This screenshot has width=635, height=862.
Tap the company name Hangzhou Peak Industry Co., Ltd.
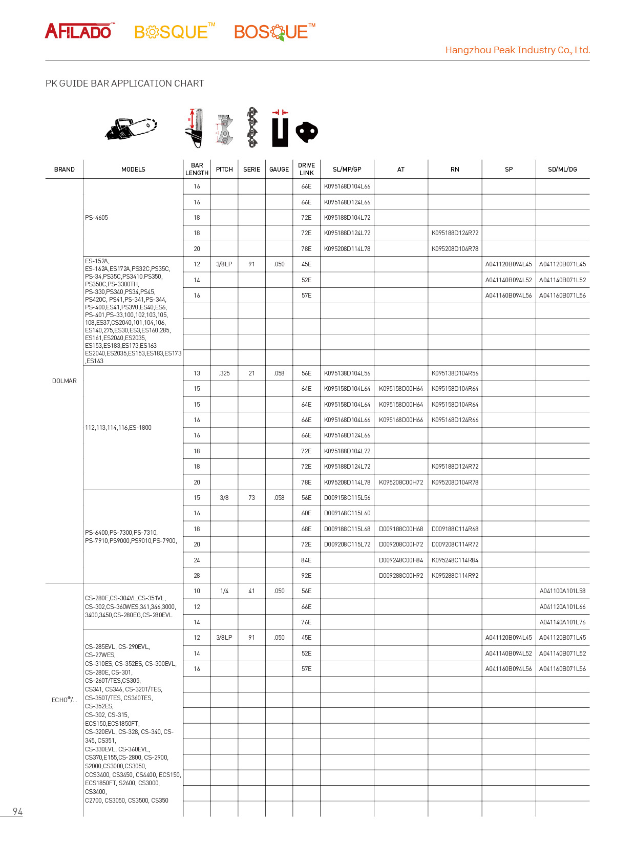tap(517, 50)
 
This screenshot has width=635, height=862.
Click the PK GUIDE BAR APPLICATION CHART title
tap(124, 83)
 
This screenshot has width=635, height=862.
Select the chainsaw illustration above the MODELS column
tap(131, 128)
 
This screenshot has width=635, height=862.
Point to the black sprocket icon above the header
tap(307, 132)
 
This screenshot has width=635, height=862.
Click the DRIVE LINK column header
tap(306, 169)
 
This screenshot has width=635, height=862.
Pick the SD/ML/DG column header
tap(562, 170)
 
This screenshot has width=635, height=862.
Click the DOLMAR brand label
tap(65, 381)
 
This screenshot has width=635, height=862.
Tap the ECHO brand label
tap(65, 700)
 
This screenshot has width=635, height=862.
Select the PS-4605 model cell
tap(97, 218)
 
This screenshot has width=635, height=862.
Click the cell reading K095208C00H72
tap(401, 482)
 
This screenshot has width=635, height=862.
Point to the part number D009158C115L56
tap(347, 498)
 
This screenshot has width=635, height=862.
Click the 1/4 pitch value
tap(224, 591)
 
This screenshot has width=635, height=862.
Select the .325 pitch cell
tap(224, 373)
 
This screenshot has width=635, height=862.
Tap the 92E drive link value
tap(306, 576)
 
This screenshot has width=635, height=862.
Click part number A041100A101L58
tap(562, 591)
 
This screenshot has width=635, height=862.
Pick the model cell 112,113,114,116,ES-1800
tap(118, 428)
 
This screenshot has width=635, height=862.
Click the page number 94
tap(17, 811)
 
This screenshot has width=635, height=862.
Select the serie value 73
tap(251, 498)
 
